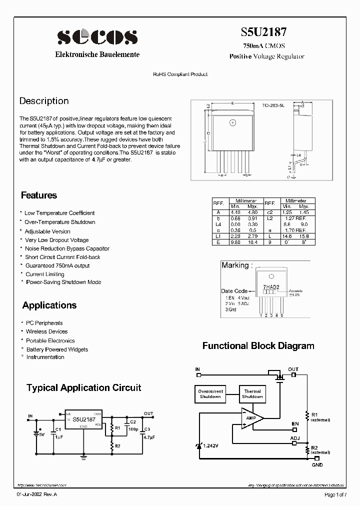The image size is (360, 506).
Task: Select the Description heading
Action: (x=44, y=101)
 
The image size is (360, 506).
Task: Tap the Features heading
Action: (x=39, y=195)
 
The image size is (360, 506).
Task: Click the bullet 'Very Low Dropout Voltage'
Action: (x=56, y=240)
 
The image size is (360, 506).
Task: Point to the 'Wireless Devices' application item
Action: (x=46, y=331)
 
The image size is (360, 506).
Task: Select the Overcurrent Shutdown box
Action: (x=210, y=394)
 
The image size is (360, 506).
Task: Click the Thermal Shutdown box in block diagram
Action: (x=252, y=394)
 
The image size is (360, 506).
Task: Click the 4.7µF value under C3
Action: (x=148, y=437)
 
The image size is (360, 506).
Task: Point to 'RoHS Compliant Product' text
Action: (x=179, y=74)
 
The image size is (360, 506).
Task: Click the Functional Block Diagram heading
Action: (x=258, y=346)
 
